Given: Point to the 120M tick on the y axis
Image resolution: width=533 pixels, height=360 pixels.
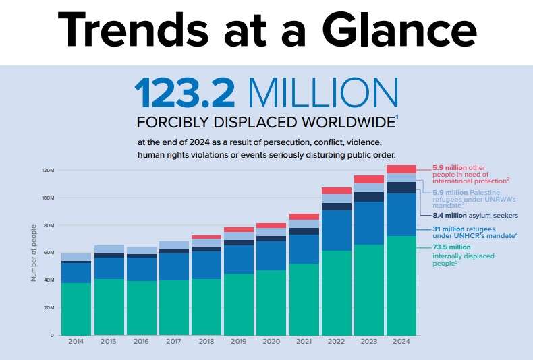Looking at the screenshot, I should pyautogui.click(x=47, y=170).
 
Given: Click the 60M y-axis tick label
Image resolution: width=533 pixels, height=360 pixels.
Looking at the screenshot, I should pyautogui.click(x=47, y=253).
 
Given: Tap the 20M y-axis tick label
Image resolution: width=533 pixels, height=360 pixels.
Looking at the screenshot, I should pyautogui.click(x=47, y=307).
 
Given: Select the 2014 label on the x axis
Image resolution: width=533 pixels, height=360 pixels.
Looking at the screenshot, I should pyautogui.click(x=76, y=342).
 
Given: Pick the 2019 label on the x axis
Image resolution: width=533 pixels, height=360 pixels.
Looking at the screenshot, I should pyautogui.click(x=239, y=342).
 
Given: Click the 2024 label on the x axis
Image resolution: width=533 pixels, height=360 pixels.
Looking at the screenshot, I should pyautogui.click(x=401, y=342).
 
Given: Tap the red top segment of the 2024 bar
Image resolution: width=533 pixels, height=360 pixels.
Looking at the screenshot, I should pyautogui.click(x=401, y=169).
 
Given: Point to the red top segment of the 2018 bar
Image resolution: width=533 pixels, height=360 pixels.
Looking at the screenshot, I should pyautogui.click(x=206, y=237).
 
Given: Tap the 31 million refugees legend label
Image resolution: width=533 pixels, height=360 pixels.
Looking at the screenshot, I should pyautogui.click(x=472, y=233).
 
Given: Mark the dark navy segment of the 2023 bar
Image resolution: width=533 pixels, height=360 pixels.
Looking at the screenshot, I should pyautogui.click(x=369, y=197).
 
